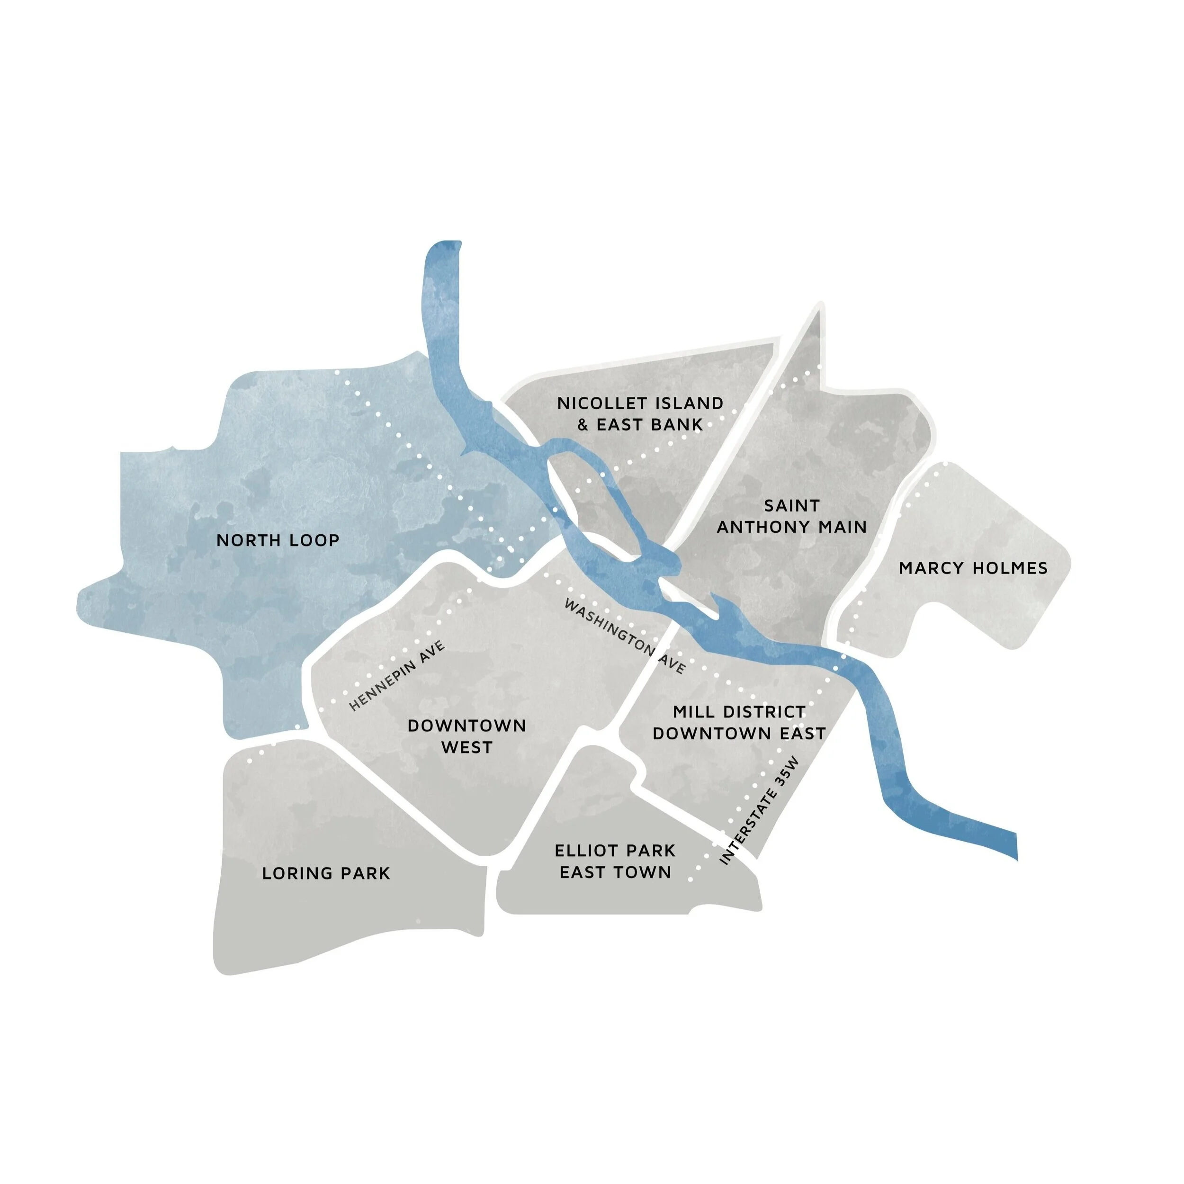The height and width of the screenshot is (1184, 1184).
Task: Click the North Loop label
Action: click(278, 540)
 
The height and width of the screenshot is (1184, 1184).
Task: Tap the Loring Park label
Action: click(325, 873)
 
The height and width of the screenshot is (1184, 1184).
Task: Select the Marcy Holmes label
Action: click(973, 568)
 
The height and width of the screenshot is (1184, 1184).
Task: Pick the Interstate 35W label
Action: click(760, 811)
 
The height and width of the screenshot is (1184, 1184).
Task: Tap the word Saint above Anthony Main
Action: click(791, 506)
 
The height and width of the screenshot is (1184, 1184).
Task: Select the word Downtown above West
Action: click(466, 726)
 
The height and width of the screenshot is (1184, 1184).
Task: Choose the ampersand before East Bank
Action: click(583, 425)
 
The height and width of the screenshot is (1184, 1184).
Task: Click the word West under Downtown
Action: click(466, 748)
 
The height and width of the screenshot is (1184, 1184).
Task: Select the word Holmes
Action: click(1012, 568)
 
